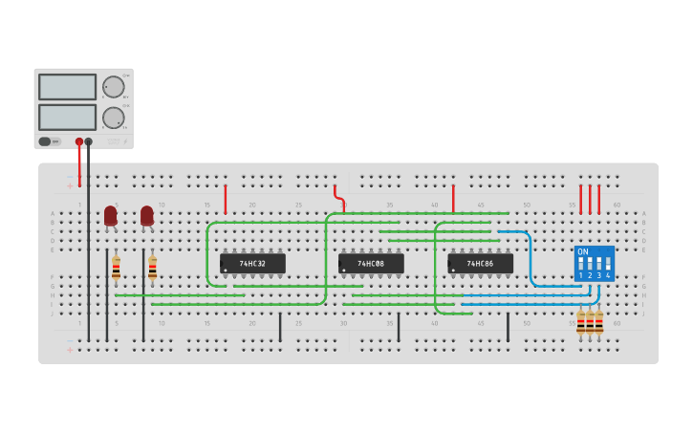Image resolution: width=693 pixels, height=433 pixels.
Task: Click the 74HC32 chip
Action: pyautogui.click(x=252, y=263)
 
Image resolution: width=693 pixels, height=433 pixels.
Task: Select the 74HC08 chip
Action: pyautogui.click(x=371, y=263)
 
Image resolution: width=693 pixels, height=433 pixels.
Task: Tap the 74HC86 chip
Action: pyautogui.click(x=480, y=263)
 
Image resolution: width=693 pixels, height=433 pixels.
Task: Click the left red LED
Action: pyautogui.click(x=111, y=216)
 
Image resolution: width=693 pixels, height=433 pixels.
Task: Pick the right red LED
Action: pyautogui.click(x=147, y=216)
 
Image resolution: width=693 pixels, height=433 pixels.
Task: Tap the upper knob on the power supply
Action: pyautogui.click(x=114, y=87)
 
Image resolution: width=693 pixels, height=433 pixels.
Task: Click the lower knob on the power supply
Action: pyautogui.click(x=114, y=118)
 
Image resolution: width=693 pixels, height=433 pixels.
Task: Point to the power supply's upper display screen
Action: pyautogui.click(x=67, y=87)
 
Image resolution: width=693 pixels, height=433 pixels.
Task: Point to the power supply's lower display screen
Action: pyautogui.click(x=67, y=117)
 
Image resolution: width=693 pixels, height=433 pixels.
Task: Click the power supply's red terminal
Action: pyautogui.click(x=79, y=141)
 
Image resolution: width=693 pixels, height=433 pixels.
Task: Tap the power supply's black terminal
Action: pyautogui.click(x=89, y=141)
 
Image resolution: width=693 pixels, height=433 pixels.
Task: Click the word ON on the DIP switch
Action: pyautogui.click(x=583, y=251)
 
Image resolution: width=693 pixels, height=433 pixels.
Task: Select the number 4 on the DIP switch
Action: pyautogui.click(x=608, y=275)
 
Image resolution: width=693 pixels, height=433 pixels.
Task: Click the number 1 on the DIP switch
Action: pyautogui.click(x=580, y=275)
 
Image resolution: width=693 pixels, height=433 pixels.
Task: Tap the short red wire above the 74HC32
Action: pyautogui.click(x=226, y=199)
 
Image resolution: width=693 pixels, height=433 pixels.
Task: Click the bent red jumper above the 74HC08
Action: pyautogui.click(x=339, y=199)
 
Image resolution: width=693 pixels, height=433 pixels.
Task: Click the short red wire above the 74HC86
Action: pyautogui.click(x=453, y=199)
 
